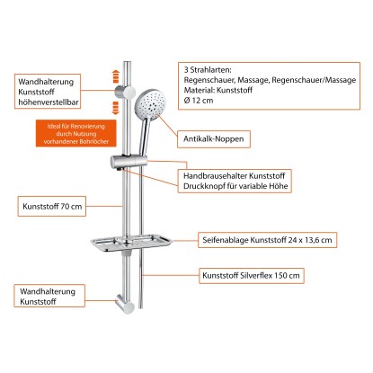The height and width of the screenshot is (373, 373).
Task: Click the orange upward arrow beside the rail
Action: point(116,76)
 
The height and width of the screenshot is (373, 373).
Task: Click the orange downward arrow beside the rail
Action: point(116,108)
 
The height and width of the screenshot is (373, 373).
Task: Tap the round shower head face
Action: point(150,102)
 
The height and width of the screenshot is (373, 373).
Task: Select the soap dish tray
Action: point(131,243)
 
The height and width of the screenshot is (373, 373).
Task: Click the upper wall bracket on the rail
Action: point(125,92)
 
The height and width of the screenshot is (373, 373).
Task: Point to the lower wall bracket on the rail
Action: point(125,304)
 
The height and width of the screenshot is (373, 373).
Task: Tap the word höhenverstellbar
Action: point(49,102)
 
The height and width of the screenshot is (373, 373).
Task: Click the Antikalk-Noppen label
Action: point(214,139)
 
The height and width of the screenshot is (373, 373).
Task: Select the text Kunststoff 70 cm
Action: point(52,207)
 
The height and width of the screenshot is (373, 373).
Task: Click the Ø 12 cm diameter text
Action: point(199,101)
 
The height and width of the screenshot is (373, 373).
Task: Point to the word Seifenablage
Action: point(226,240)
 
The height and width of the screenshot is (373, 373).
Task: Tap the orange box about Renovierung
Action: point(76,134)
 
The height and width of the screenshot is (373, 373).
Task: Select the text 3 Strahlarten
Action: point(208,70)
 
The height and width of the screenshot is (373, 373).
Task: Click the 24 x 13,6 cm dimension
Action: point(310,240)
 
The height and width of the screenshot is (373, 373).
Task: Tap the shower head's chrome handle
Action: point(144,137)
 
